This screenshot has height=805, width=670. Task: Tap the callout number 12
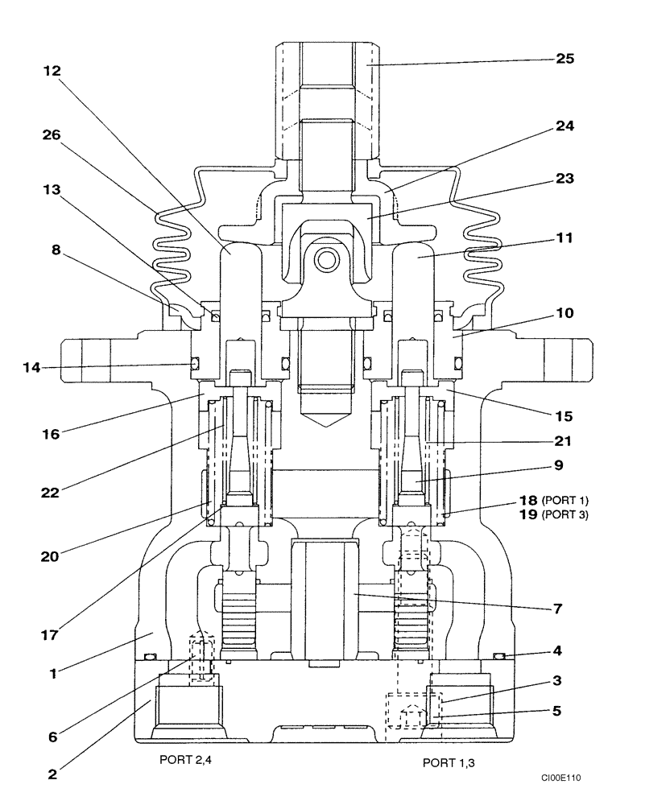pos(53,70)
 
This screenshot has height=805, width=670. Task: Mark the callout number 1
pos(53,674)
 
